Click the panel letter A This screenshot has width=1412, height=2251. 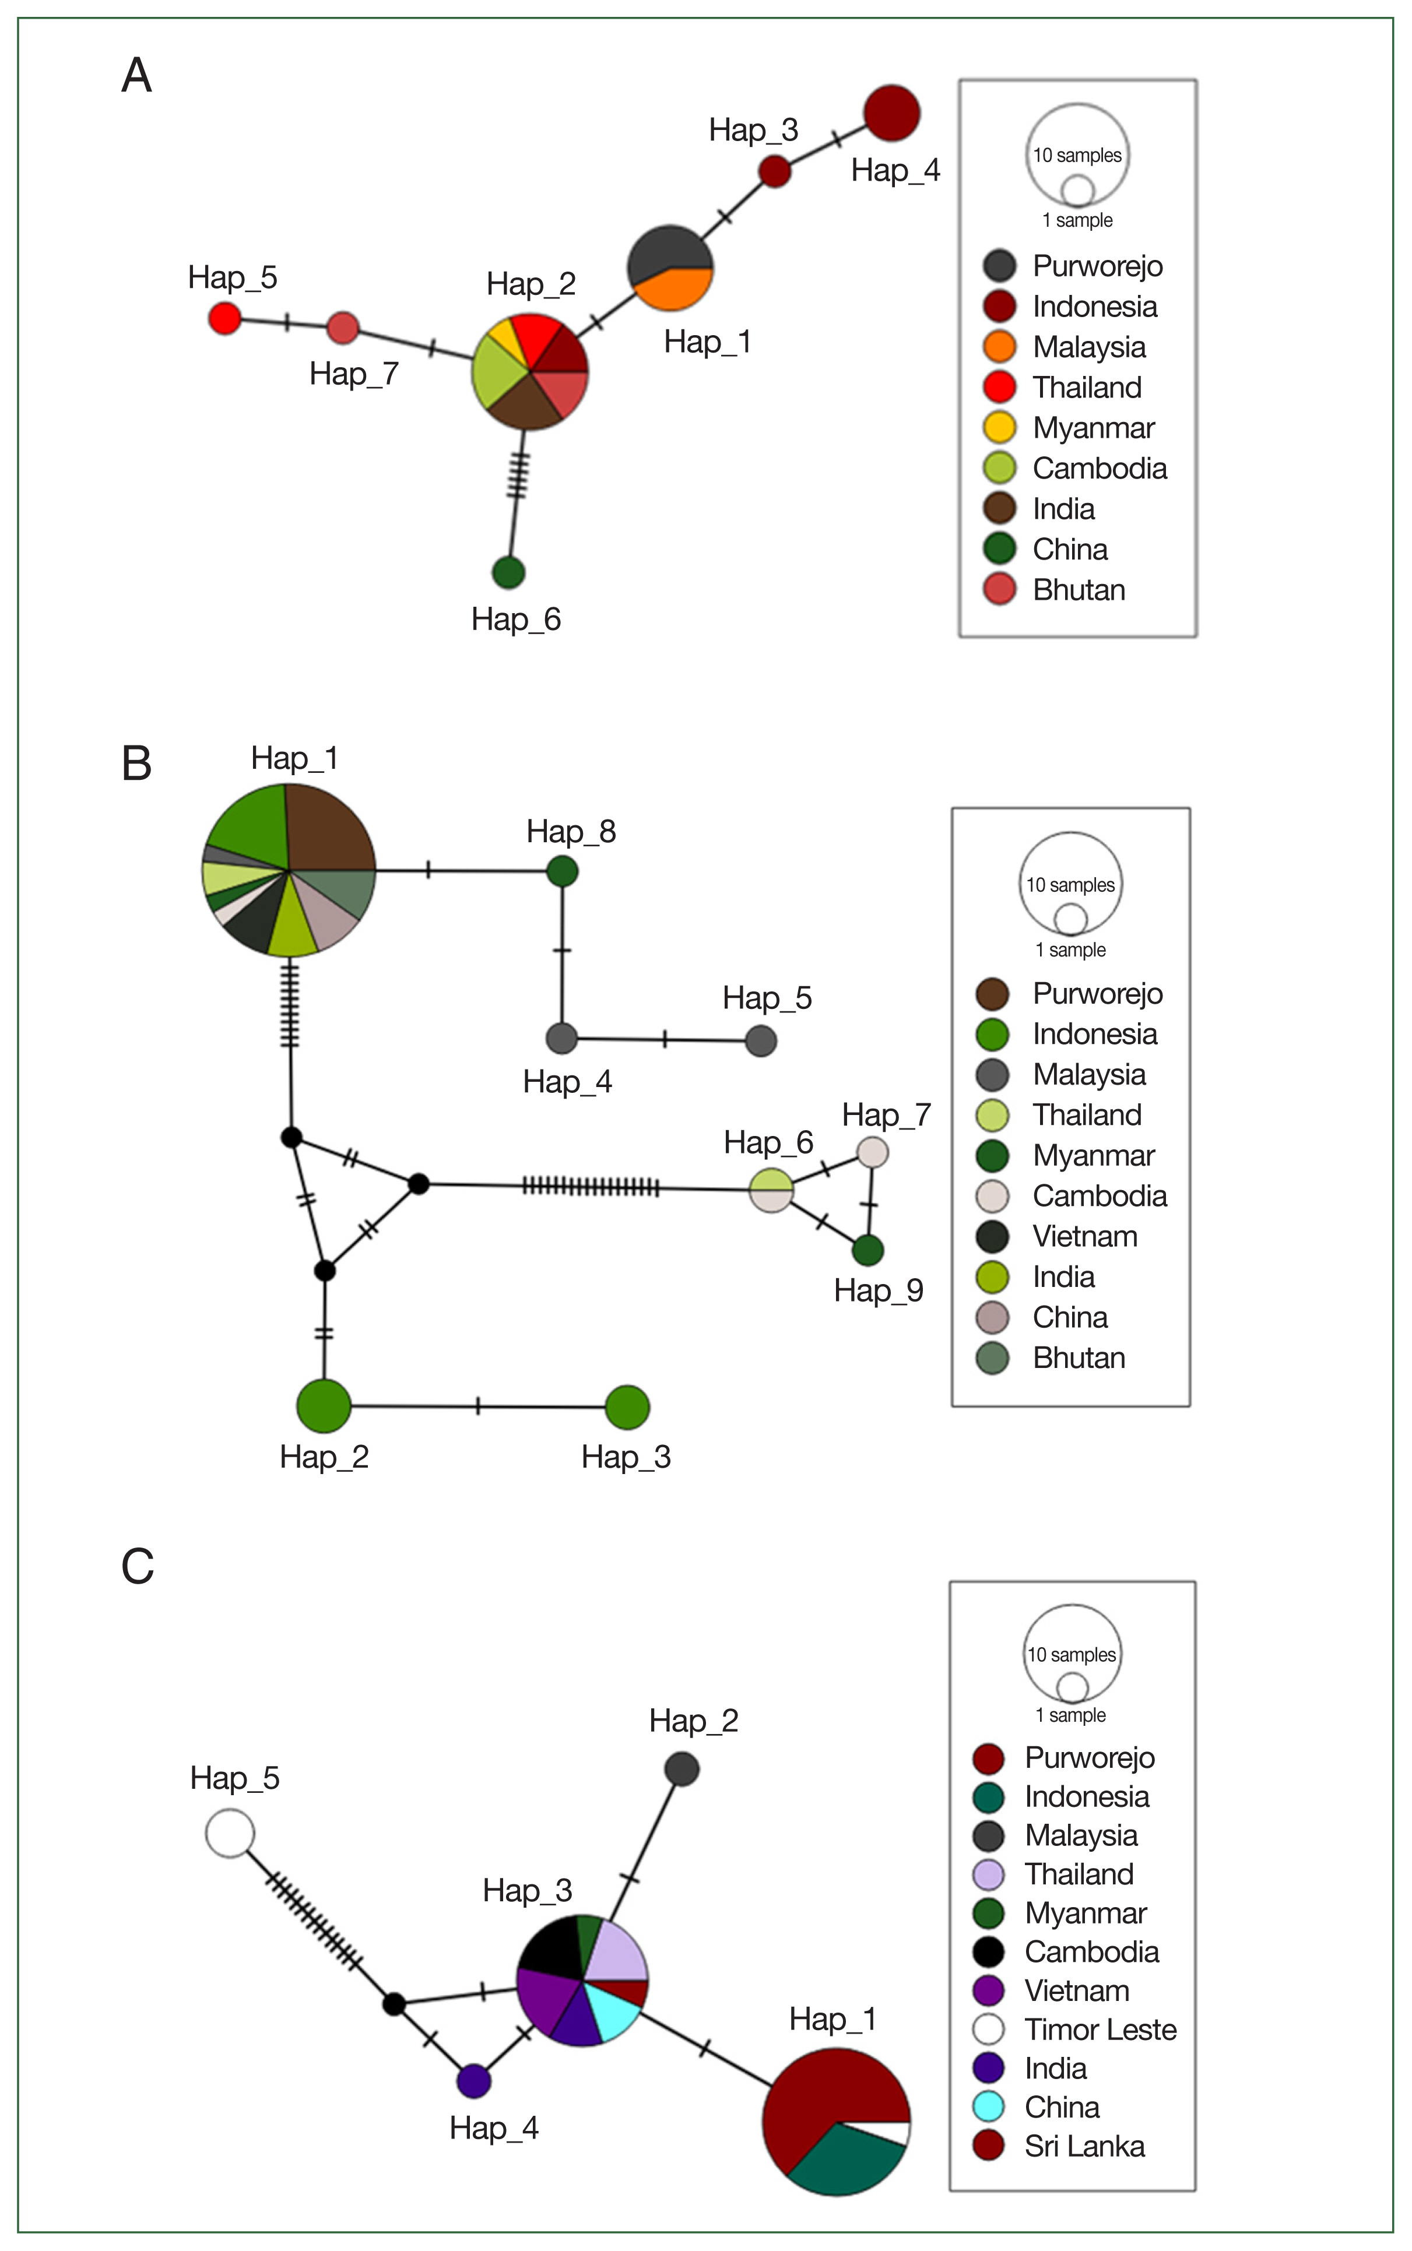136,76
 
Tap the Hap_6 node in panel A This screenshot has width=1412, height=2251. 508,572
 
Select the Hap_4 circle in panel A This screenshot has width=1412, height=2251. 892,114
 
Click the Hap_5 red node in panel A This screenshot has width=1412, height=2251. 224,318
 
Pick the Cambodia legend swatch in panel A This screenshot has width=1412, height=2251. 999,468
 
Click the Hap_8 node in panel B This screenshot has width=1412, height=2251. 562,871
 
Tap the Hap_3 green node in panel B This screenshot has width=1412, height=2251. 627,1407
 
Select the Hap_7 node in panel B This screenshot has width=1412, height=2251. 872,1151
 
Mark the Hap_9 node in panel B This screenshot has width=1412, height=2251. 867,1249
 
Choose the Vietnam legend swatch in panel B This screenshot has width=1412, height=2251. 992,1236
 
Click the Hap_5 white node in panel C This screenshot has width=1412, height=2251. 230,1833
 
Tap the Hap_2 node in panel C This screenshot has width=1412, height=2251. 682,1768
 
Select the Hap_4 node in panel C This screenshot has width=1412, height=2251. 475,2080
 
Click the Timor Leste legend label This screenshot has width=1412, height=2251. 1100,2029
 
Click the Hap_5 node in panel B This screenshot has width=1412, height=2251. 761,1040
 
